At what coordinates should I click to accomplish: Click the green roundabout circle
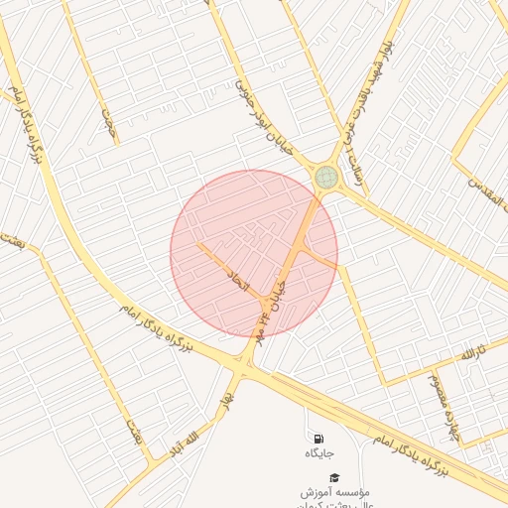[326, 178]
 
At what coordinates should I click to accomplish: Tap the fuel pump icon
[317, 438]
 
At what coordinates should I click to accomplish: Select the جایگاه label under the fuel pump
[318, 453]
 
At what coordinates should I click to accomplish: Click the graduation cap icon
[334, 477]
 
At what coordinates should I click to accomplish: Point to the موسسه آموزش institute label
[337, 492]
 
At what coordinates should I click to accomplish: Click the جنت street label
[108, 121]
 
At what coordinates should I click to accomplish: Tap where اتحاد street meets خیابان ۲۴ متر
[263, 301]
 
